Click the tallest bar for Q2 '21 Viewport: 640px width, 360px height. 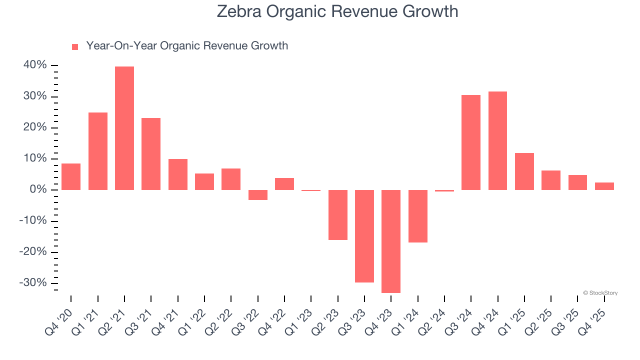tap(124, 128)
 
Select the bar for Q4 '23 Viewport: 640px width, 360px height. tap(391, 241)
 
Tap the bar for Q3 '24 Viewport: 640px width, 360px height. tap(471, 142)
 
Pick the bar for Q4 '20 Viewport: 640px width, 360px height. tap(71, 176)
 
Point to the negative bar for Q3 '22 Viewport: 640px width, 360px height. tap(258, 195)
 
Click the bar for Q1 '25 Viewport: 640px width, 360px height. tap(524, 171)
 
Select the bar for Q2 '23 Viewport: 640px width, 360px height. tap(338, 215)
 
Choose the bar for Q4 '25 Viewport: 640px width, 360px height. tap(604, 186)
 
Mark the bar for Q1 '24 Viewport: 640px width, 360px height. tap(418, 216)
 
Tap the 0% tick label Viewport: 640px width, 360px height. tap(38, 190)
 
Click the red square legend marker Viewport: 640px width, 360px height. tap(75, 47)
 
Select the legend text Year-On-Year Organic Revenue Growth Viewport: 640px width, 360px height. tap(187, 46)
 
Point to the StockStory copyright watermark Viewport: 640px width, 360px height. tap(600, 293)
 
